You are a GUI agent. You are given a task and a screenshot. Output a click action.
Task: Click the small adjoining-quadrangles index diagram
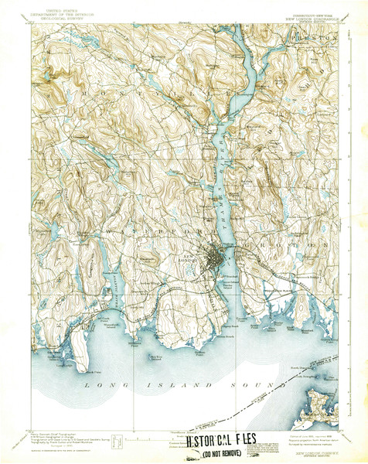(115, 440)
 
